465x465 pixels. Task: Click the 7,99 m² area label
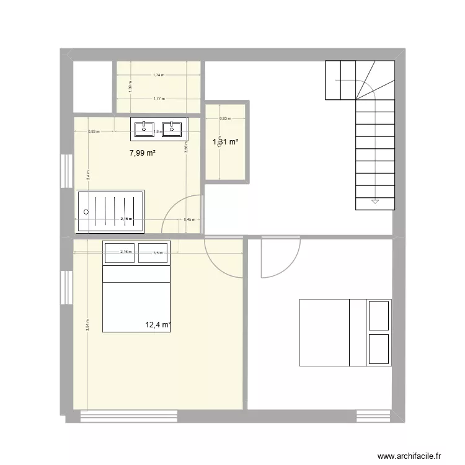click(x=142, y=153)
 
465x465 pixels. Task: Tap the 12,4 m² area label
click(x=157, y=324)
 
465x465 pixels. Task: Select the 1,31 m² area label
click(x=226, y=142)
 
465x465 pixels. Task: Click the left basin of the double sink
click(x=144, y=129)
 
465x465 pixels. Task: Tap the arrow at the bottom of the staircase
click(x=375, y=201)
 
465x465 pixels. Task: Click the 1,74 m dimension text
click(x=158, y=75)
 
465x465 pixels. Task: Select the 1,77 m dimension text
click(x=158, y=99)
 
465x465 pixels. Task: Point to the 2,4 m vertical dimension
click(x=88, y=175)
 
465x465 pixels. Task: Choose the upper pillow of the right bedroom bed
click(x=379, y=316)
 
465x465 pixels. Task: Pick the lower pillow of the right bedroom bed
click(x=379, y=350)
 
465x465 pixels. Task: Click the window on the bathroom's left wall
click(x=64, y=171)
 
